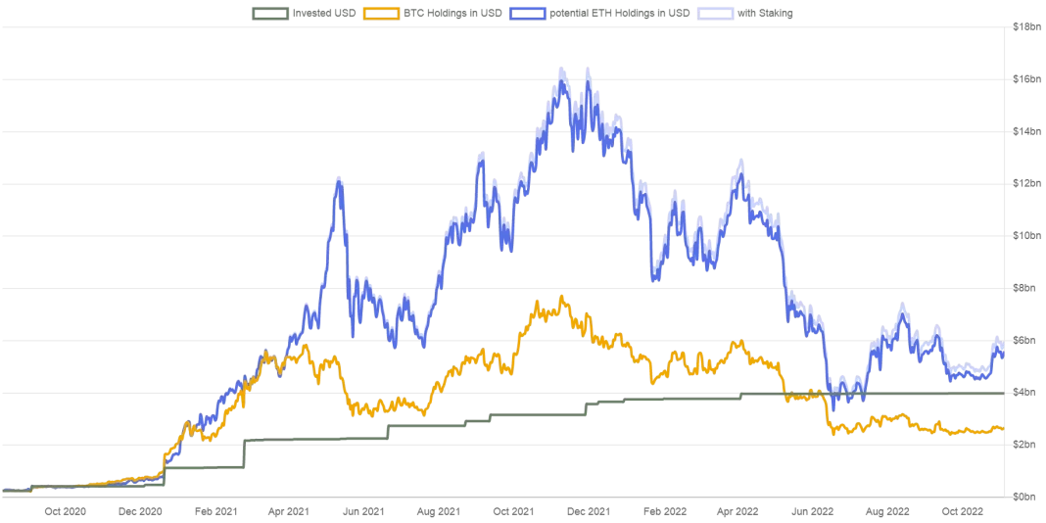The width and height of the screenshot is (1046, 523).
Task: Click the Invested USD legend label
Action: click(323, 13)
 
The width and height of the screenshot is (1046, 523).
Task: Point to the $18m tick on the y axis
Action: click(1026, 26)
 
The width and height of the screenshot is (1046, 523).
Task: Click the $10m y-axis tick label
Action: click(1026, 236)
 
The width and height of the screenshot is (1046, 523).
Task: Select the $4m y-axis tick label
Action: click(1026, 393)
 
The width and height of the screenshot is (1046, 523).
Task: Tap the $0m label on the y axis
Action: click(1026, 497)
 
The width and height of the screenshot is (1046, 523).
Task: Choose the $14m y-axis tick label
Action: click(1026, 131)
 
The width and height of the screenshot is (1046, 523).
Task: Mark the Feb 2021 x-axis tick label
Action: click(214, 511)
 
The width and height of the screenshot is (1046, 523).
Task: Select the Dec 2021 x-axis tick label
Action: click(588, 511)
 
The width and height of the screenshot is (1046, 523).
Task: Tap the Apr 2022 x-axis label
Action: click(737, 511)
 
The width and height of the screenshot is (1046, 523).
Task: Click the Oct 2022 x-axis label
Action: click(963, 511)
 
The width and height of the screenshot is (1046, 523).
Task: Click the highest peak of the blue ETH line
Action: click(562, 69)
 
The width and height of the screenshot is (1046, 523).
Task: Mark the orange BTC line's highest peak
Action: click(561, 296)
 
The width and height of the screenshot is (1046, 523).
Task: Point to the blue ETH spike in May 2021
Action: click(338, 178)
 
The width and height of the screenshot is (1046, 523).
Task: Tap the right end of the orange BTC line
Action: click(1003, 428)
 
